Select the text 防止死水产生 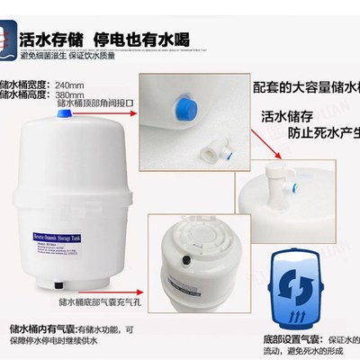click(317, 138)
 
